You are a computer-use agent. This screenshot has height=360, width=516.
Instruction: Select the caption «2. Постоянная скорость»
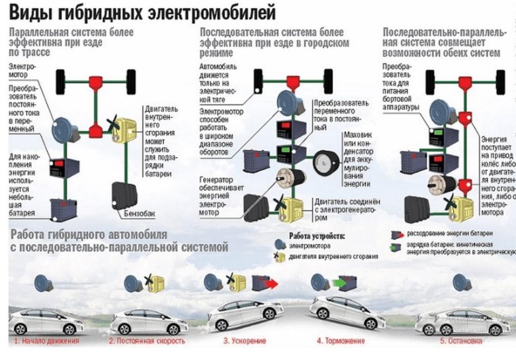[x=147, y=341]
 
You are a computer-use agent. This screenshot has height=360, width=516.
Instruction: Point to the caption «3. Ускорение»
[x=245, y=341]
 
